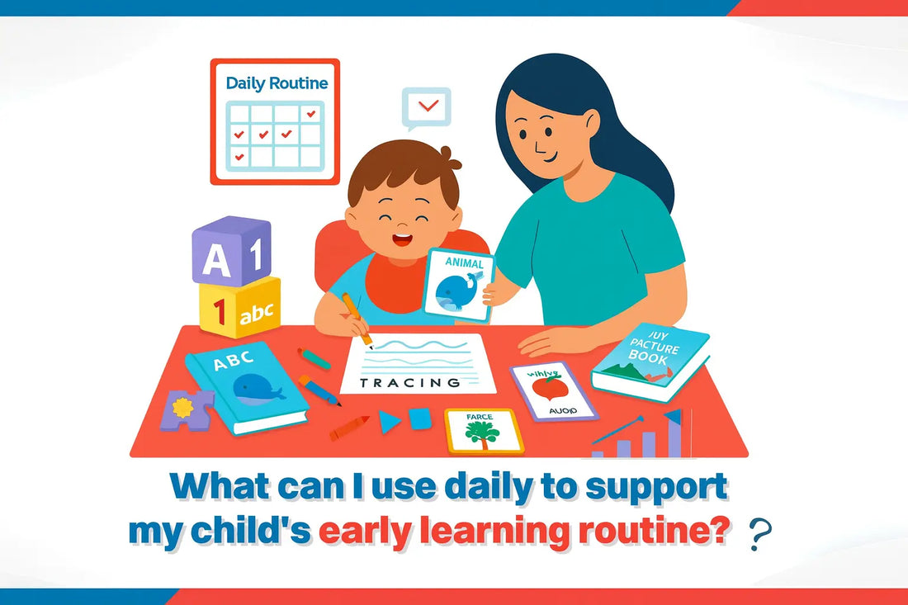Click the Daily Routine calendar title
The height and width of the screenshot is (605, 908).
click(277, 83)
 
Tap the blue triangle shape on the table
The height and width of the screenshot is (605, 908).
click(389, 422)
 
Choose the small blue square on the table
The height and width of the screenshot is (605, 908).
click(420, 418)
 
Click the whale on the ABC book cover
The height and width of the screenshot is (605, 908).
click(258, 388)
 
